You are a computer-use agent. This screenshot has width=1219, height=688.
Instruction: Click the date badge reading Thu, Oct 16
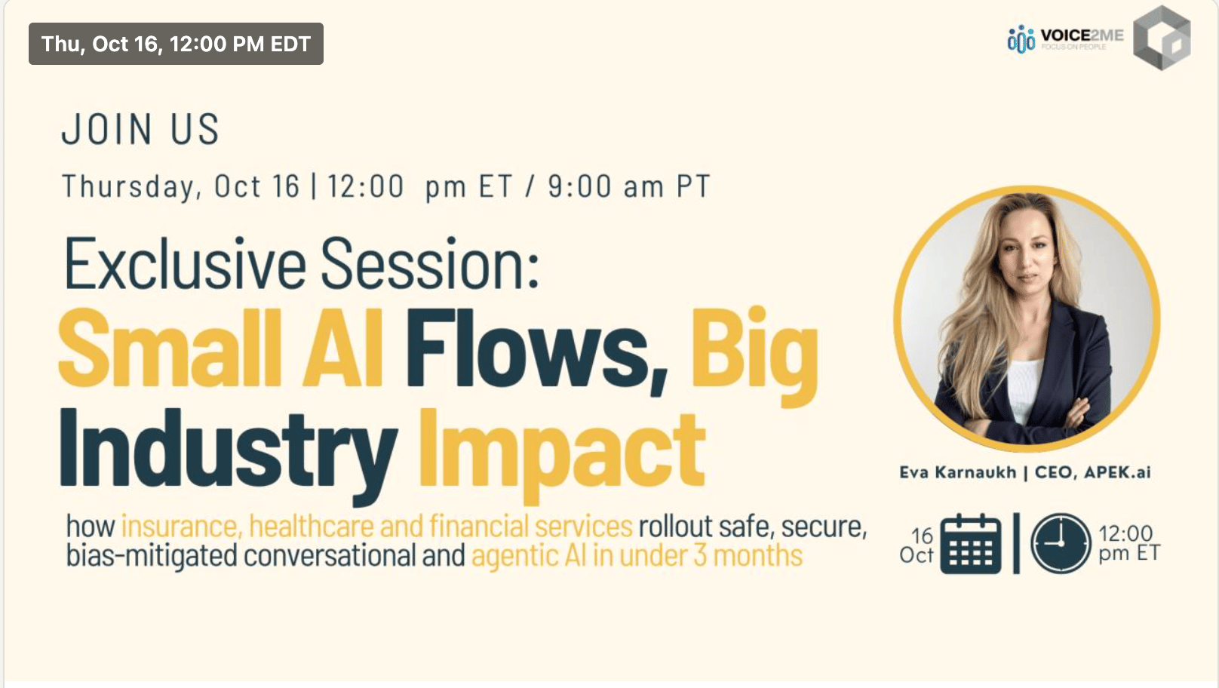click(176, 44)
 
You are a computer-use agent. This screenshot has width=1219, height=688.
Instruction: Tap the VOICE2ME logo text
click(1082, 36)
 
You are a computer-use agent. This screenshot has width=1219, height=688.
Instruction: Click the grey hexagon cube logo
click(1162, 38)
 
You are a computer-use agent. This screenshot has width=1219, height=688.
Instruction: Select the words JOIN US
click(140, 130)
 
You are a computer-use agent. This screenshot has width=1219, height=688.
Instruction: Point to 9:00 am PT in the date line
click(629, 186)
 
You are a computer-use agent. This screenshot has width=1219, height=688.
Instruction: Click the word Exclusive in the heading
click(185, 264)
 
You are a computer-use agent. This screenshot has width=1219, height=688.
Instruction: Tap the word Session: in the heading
click(430, 264)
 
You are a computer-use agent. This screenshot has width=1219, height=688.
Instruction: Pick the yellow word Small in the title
click(170, 349)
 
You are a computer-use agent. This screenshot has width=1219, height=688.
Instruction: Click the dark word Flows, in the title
click(536, 351)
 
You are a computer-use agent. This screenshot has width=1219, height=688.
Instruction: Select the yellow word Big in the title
click(754, 357)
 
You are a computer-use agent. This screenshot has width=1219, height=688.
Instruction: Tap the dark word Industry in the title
click(229, 454)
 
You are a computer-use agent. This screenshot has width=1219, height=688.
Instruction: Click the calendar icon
click(971, 544)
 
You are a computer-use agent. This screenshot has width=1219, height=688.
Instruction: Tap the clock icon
click(1061, 543)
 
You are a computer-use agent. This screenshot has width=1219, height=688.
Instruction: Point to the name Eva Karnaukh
click(958, 472)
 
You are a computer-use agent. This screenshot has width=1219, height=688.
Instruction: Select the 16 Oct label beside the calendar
click(917, 545)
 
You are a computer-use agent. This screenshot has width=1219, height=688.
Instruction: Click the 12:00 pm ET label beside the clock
click(1129, 543)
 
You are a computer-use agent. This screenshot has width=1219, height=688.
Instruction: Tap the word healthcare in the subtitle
click(311, 527)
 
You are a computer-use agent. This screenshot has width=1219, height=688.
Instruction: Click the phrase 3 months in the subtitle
click(748, 556)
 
